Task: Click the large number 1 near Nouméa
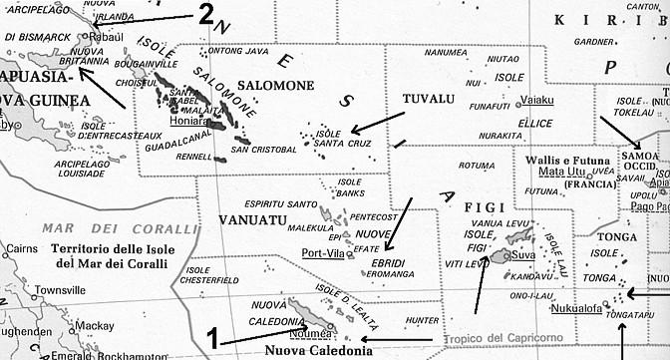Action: click(212, 337)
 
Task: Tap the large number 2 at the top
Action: click(205, 14)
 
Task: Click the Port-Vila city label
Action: click(324, 252)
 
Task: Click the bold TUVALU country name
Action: click(428, 99)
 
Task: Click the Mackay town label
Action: click(95, 325)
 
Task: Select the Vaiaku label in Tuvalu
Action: click(537, 99)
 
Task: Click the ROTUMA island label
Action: click(476, 166)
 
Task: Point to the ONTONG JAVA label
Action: click(237, 52)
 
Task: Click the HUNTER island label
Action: click(424, 320)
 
